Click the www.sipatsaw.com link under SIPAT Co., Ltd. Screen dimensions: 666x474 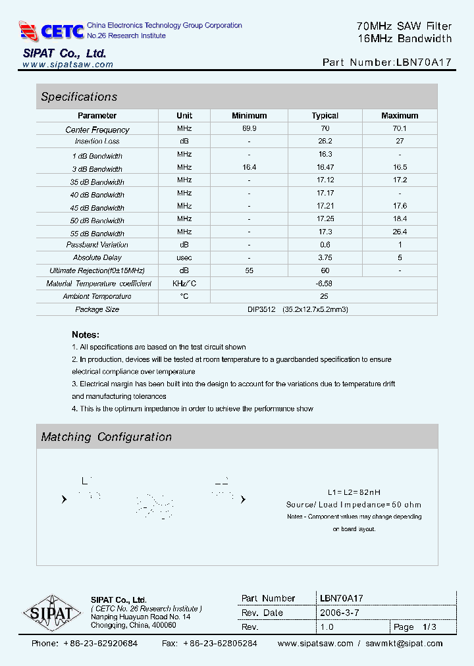coord(68,64)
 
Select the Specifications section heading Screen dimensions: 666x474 coord(79,97)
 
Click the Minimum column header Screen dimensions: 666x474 coord(249,116)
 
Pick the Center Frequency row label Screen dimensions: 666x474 coord(97,130)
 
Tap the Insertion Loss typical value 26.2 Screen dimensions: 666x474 coord(325,141)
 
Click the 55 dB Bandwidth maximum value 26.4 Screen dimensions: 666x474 coord(400,232)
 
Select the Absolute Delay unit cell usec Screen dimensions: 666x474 coord(184,257)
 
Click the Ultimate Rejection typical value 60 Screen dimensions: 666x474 coord(325,270)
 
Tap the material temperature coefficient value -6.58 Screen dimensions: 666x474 coord(325,284)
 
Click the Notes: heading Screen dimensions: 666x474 coord(86,334)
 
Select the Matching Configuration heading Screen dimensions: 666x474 coord(106,437)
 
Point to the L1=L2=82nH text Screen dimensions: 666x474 coord(354,492)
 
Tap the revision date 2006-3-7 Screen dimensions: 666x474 coord(339,613)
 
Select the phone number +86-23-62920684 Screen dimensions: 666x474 coord(100,644)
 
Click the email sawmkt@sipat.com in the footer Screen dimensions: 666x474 coord(404,644)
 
